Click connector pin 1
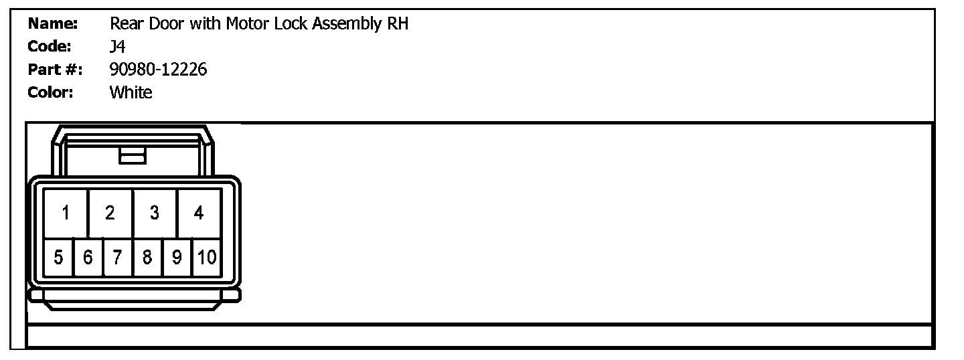66,213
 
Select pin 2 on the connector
110,213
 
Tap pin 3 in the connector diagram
155,213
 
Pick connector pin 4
199,213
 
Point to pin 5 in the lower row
58,257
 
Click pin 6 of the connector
88,257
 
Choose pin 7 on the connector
118,257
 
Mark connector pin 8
147,257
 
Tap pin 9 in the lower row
177,257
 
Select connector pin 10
207,257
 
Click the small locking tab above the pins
133,156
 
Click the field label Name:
54,24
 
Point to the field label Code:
50,47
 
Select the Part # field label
55,70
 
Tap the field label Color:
51,92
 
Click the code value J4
117,47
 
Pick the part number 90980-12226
158,70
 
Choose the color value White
131,92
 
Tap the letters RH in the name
398,24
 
